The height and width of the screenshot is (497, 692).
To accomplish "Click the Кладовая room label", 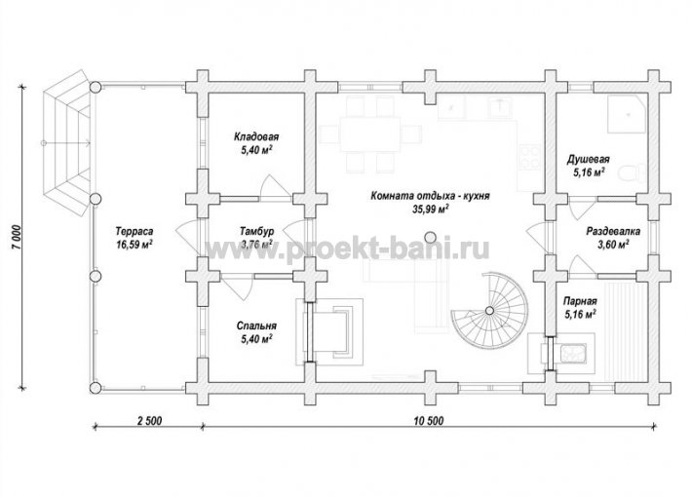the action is pyautogui.click(x=256, y=136).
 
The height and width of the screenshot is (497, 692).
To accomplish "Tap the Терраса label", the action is pyautogui.click(x=135, y=231).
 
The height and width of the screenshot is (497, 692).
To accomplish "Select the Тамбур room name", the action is pyautogui.click(x=257, y=231).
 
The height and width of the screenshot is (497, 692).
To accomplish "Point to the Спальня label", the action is pyautogui.click(x=256, y=325).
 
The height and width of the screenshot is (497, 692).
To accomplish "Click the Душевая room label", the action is pyautogui.click(x=589, y=160).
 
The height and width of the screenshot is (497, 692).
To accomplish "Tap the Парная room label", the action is pyautogui.click(x=580, y=301).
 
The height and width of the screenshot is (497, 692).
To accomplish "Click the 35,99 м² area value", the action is pyautogui.click(x=430, y=210).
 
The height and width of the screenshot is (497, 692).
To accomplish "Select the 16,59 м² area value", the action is pyautogui.click(x=135, y=245).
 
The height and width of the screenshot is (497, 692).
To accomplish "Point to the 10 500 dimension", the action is pyautogui.click(x=429, y=421).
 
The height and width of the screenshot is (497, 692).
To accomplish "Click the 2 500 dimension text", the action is pyautogui.click(x=150, y=421).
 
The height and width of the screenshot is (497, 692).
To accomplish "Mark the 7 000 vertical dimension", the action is pyautogui.click(x=17, y=239).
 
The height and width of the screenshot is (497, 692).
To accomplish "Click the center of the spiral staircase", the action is pyautogui.click(x=489, y=310).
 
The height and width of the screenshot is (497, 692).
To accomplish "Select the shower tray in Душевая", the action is pyautogui.click(x=627, y=113).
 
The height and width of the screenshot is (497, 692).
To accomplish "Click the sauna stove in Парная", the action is pyautogui.click(x=572, y=351).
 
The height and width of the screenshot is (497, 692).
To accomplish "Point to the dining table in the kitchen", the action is pyautogui.click(x=369, y=134).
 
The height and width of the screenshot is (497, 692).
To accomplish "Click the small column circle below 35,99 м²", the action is pyautogui.click(x=430, y=236).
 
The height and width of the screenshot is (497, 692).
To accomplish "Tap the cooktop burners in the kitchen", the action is pyautogui.click(x=530, y=158).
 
